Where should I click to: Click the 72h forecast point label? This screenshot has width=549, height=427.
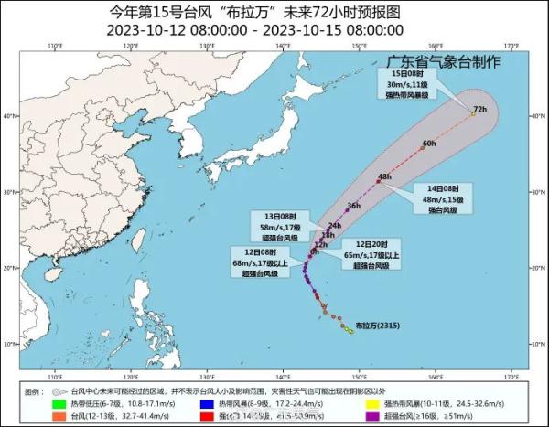479,111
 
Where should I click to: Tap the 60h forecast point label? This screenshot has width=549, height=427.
429,144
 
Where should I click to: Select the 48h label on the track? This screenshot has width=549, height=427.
384,176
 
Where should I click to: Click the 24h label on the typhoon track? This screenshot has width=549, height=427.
334,225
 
